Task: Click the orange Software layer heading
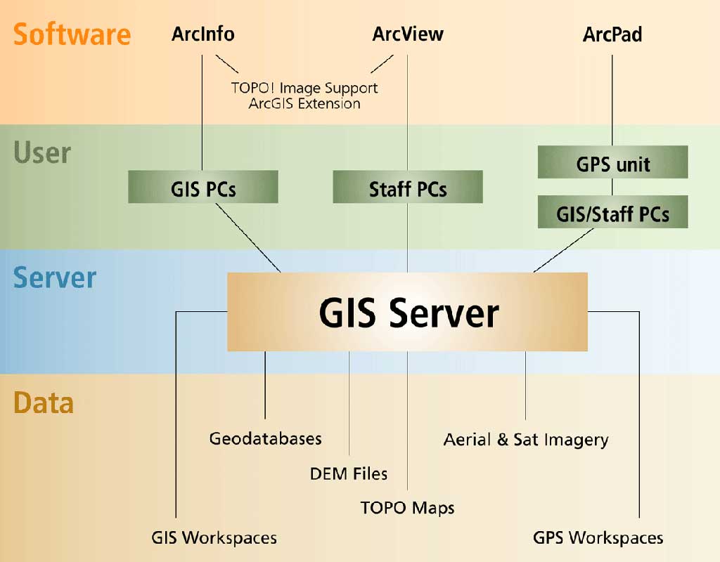[72, 34]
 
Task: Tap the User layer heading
[42, 152]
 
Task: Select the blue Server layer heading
[54, 278]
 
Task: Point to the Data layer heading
[44, 403]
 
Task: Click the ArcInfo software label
[202, 34]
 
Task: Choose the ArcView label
[408, 34]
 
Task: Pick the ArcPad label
[612, 34]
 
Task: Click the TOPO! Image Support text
[304, 89]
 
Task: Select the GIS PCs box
[202, 188]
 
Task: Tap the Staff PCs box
[408, 188]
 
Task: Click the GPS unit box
[612, 163]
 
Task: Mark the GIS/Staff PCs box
[612, 213]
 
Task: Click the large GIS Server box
[408, 313]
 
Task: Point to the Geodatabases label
[265, 439]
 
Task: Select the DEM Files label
[349, 473]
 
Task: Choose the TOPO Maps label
[407, 507]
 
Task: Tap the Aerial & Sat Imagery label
[525, 440]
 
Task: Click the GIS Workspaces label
[214, 538]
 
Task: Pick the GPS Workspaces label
[598, 538]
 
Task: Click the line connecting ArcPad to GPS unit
[612, 98]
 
